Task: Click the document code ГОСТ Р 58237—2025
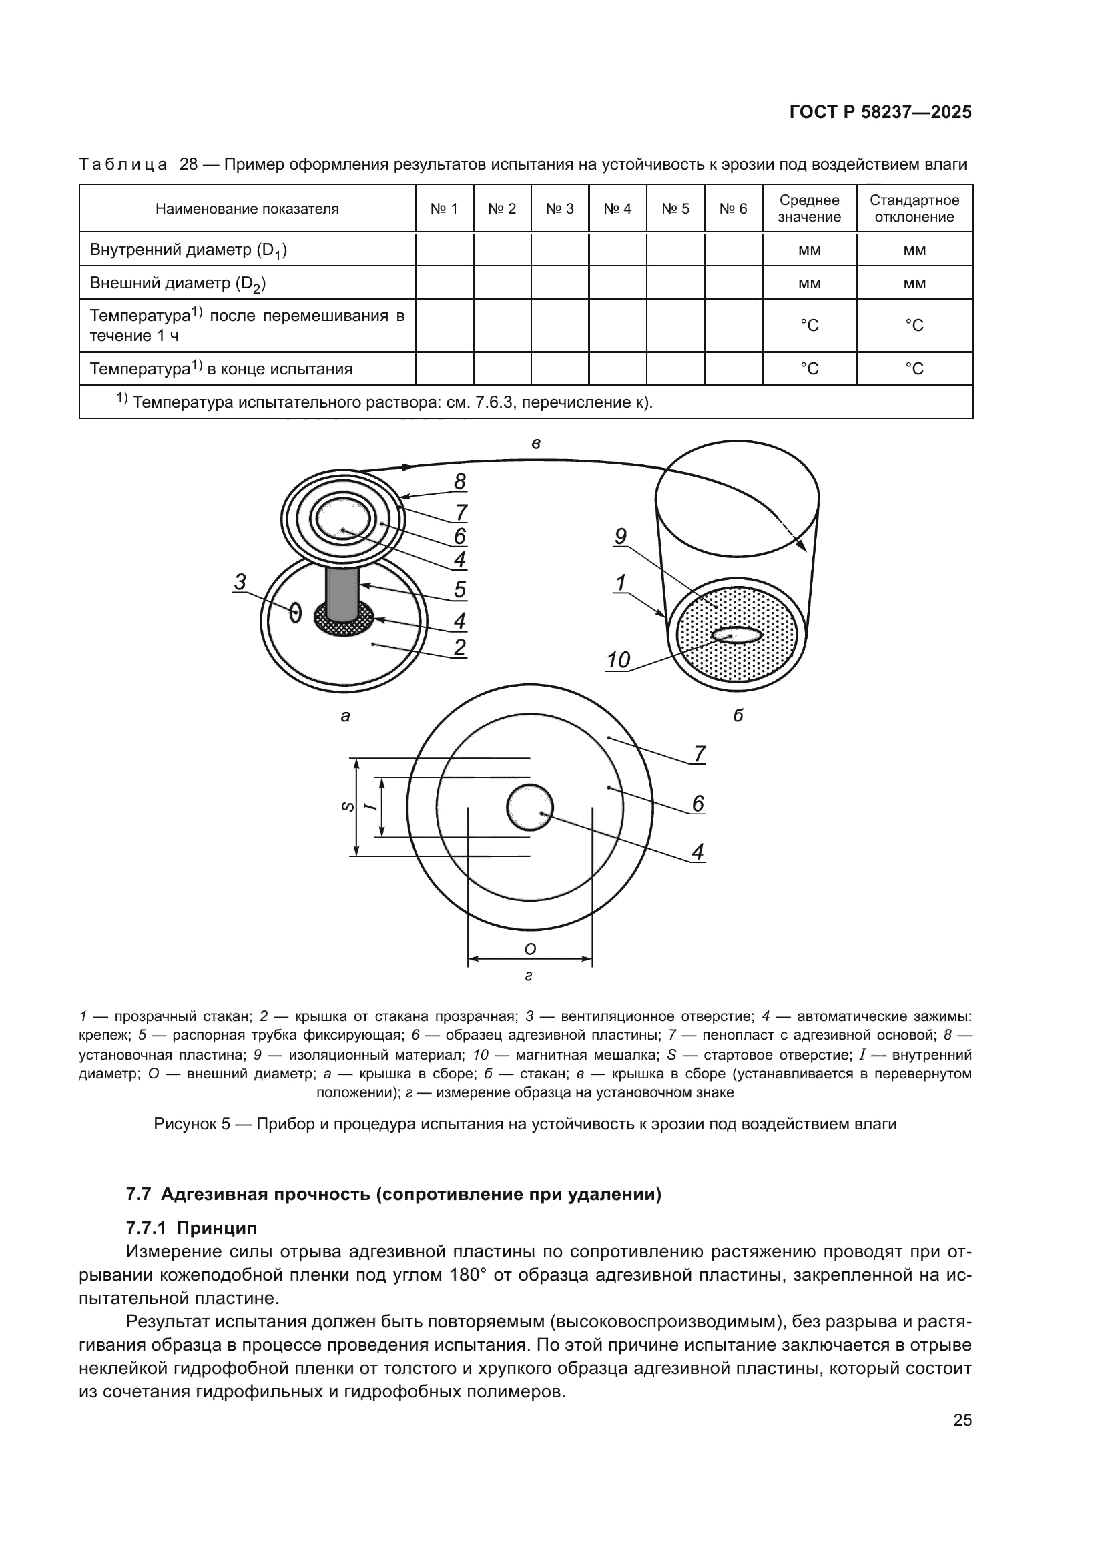pyautogui.click(x=880, y=113)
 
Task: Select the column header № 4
pyautogui.click(x=617, y=209)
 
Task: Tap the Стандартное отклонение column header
pyautogui.click(x=914, y=209)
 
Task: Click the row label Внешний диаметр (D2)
pyautogui.click(x=178, y=283)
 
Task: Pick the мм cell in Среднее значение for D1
pyautogui.click(x=809, y=250)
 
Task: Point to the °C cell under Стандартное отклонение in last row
pyautogui.click(x=914, y=368)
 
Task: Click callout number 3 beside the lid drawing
pyautogui.click(x=240, y=582)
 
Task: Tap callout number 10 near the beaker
pyautogui.click(x=618, y=660)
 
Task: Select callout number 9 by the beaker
pyautogui.click(x=620, y=537)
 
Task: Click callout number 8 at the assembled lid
pyautogui.click(x=461, y=481)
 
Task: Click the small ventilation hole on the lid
pyautogui.click(x=295, y=613)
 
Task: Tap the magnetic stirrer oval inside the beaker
pyautogui.click(x=737, y=635)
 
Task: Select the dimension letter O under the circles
pyautogui.click(x=531, y=948)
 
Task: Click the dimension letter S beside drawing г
pyautogui.click(x=346, y=806)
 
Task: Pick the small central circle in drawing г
pyautogui.click(x=529, y=807)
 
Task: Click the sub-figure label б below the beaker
pyautogui.click(x=738, y=715)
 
